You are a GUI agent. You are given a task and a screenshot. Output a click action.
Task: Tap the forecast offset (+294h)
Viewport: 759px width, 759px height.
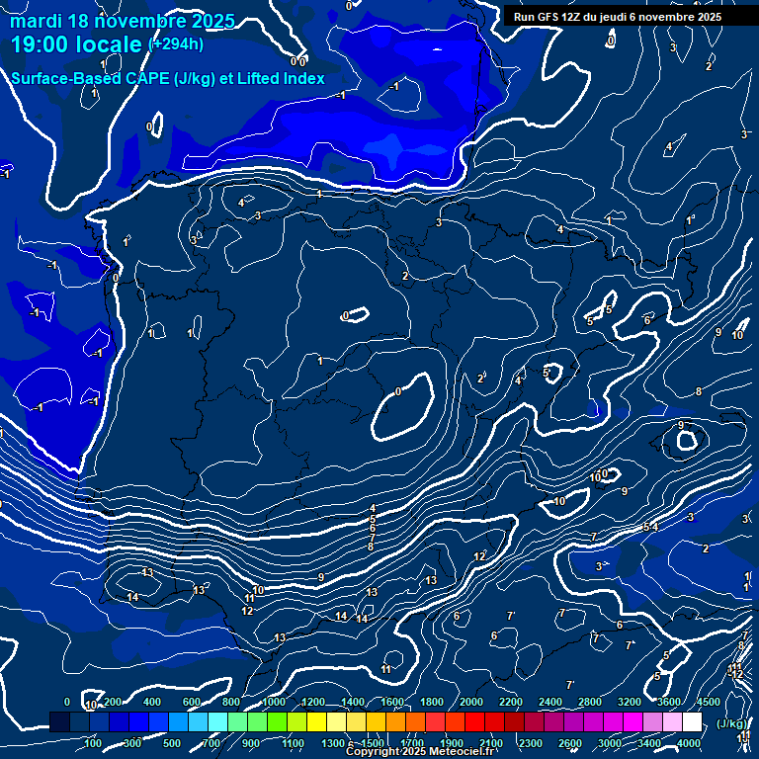[x=176, y=43]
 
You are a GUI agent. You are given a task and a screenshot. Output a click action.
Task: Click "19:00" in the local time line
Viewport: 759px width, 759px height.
[x=41, y=44]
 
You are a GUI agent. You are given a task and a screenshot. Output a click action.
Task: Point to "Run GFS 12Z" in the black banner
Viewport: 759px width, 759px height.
[x=548, y=17]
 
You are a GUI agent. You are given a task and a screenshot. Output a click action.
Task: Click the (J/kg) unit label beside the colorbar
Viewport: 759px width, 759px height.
[x=732, y=724]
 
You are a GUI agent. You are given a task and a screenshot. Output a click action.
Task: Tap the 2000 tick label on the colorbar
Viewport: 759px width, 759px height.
[x=471, y=702]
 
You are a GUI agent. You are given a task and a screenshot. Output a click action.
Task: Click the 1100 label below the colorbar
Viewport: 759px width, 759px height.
[x=293, y=743]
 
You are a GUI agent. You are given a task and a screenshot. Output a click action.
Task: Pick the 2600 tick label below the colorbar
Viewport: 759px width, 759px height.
[x=570, y=743]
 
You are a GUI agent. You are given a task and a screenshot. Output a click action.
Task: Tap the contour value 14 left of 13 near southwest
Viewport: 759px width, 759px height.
[x=132, y=597]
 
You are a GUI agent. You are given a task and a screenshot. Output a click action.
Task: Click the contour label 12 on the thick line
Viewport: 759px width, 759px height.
[x=479, y=557]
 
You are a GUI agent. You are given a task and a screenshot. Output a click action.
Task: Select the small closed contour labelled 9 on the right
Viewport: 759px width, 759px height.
[x=685, y=438]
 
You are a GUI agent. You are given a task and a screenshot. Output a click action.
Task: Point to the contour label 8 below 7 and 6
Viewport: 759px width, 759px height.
[x=371, y=547]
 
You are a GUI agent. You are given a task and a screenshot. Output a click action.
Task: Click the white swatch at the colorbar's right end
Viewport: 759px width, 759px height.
[x=693, y=722]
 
